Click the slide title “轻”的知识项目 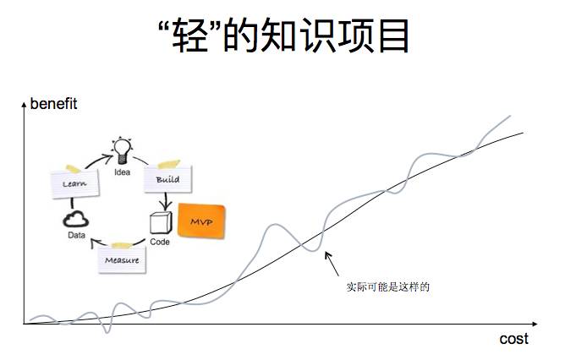click(x=282, y=35)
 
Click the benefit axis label click(x=53, y=105)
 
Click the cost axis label click(x=513, y=339)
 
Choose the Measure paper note click(x=122, y=259)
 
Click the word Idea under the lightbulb click(x=123, y=172)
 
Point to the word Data click(x=76, y=237)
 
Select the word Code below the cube click(x=160, y=242)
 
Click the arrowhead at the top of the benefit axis click(x=24, y=105)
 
